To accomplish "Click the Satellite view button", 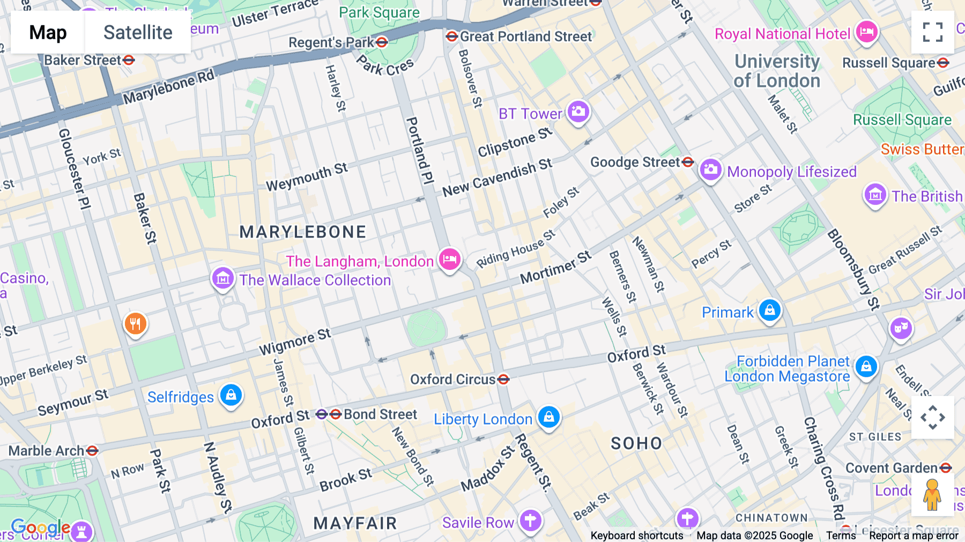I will (x=138, y=33).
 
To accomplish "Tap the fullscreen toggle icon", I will (x=932, y=32).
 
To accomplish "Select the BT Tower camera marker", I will (x=578, y=112).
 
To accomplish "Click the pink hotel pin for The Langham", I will (x=449, y=260).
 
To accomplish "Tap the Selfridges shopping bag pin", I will (x=231, y=395).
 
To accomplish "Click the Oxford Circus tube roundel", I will (x=503, y=379).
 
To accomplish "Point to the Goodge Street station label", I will (x=635, y=162).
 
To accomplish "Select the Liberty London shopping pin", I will (x=548, y=418).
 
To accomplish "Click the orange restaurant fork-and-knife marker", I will (x=136, y=324).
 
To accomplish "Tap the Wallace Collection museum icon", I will (x=222, y=279).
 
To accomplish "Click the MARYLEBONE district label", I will (x=303, y=232).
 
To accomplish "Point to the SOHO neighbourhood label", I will (x=636, y=443).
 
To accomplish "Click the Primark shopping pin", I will (x=770, y=311).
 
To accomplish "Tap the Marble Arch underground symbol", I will (x=92, y=451).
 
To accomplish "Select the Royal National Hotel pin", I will (x=866, y=33).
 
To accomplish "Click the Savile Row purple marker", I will (x=530, y=521).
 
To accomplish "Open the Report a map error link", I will (x=914, y=536).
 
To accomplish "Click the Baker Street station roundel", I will (x=129, y=60).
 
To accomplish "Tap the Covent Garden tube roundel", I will (x=946, y=468).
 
